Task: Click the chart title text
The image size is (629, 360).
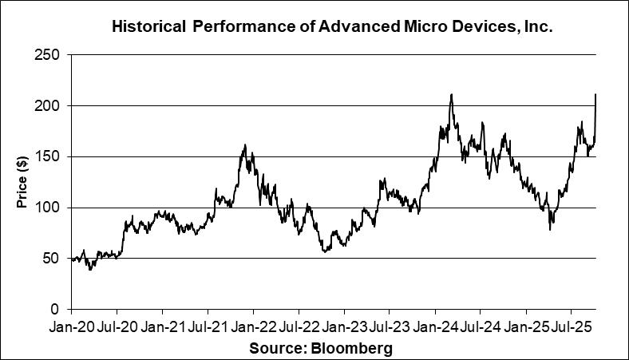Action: tap(332, 27)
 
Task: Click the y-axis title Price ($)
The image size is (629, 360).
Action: tap(22, 183)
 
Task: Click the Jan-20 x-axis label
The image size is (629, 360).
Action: tap(73, 327)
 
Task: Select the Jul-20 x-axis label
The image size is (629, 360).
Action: tap(117, 327)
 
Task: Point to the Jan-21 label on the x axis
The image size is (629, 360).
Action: tap(163, 327)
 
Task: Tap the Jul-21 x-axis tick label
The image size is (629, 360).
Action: tap(208, 327)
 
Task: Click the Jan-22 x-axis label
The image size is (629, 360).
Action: tap(254, 327)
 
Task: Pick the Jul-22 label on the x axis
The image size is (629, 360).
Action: tap(299, 327)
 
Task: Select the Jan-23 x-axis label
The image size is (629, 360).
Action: tap(344, 327)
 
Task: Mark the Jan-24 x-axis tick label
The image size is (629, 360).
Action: tap(435, 327)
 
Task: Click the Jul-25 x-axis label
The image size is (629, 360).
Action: tap(571, 327)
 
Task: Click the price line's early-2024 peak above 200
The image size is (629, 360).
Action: tap(452, 95)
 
